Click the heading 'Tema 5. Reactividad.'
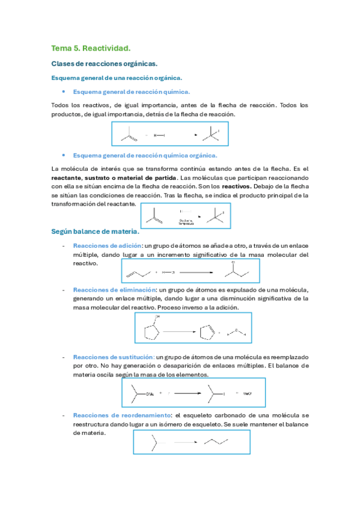pos(91,48)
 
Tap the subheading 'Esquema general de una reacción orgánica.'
pos(117,78)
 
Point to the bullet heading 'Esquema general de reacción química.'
pos(131,92)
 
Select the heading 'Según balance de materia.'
pos(96,232)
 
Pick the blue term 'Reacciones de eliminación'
pos(112,290)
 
